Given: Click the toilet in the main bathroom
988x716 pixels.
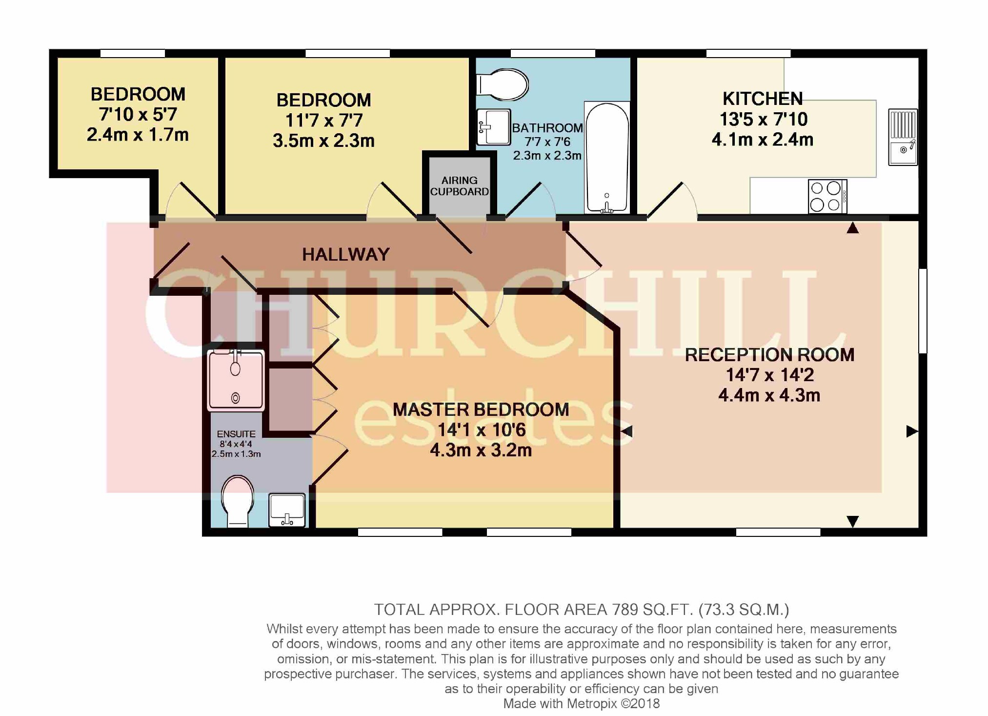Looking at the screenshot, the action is [x=503, y=84].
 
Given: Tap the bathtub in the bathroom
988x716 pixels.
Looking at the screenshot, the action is [x=607, y=158].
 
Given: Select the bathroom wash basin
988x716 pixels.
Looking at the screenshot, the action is [x=493, y=127].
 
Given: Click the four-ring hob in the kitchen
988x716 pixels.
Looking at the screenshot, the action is [x=827, y=196].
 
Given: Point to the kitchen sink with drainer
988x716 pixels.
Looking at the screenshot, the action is [x=903, y=137].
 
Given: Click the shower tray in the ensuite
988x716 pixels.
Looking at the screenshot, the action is [x=236, y=380].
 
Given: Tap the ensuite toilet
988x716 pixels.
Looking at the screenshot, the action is [x=238, y=502].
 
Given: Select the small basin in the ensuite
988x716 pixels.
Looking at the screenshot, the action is [x=287, y=510].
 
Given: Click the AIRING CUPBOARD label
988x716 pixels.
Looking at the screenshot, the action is [x=459, y=186].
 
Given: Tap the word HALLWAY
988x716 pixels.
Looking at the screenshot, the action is [x=345, y=254].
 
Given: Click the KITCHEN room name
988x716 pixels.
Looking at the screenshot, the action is [x=762, y=99].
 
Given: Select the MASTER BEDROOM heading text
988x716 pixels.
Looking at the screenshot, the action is [x=481, y=409].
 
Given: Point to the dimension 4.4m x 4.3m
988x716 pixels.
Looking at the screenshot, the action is [x=769, y=395].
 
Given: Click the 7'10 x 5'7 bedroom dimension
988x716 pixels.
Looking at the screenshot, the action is [x=138, y=114].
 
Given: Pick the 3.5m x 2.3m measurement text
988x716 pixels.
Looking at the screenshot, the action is [x=323, y=141].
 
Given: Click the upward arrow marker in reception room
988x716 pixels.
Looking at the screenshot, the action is [x=852, y=228].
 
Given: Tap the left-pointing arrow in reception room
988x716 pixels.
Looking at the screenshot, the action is [x=627, y=431].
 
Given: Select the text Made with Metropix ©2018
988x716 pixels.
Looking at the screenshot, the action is [x=581, y=703].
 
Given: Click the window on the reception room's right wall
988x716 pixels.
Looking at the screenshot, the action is [x=923, y=310].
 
